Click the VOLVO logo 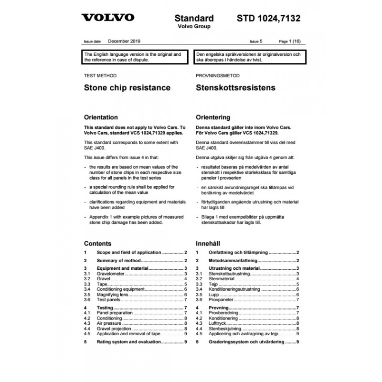tap(107, 19)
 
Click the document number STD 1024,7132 tap(269, 19)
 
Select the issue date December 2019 tap(125, 42)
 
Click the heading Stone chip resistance tap(127, 88)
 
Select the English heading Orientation tap(101, 117)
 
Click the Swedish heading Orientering tap(213, 117)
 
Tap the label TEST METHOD tap(100, 75)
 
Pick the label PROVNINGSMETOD tap(218, 75)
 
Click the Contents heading tap(97, 243)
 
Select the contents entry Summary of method tap(119, 260)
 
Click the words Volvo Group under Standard tap(194, 27)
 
